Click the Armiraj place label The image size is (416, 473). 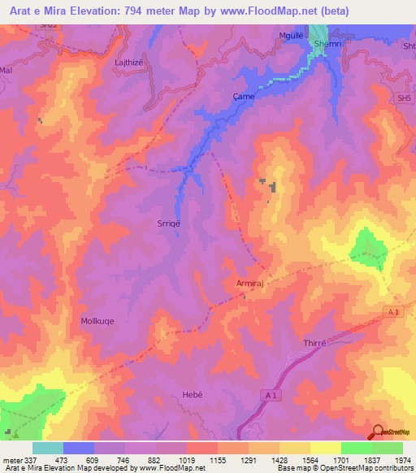point(245,283)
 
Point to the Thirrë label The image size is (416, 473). point(314,344)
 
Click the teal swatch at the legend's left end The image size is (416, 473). point(48,448)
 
